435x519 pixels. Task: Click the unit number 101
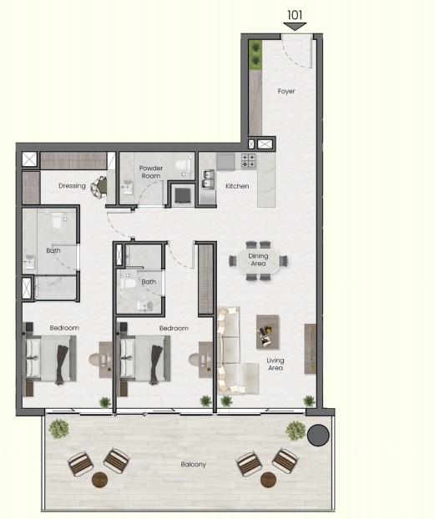click(295, 15)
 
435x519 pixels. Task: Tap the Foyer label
click(286, 91)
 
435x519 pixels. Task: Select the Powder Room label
click(151, 172)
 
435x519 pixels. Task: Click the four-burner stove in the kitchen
click(248, 160)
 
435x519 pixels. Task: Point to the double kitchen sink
click(209, 179)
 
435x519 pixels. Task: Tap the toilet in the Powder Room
click(183, 165)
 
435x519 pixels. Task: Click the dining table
click(258, 260)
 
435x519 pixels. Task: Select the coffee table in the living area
click(267, 332)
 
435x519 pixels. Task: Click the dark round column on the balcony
click(318, 436)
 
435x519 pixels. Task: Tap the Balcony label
click(194, 465)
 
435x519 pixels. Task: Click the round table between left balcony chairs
click(99, 480)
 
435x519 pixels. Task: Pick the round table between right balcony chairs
click(268, 480)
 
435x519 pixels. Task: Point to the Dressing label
click(72, 186)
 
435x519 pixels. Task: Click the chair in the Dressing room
click(99, 188)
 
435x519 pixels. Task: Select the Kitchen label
click(237, 186)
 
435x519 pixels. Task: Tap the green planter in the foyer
click(255, 55)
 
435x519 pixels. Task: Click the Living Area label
click(276, 364)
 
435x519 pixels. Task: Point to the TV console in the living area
click(310, 349)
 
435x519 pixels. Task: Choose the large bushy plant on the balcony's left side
click(59, 429)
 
